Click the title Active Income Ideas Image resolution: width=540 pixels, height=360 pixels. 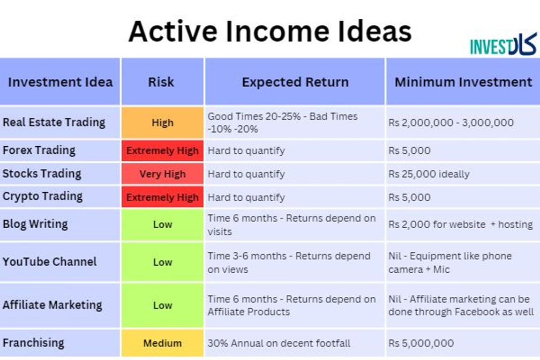[270, 31]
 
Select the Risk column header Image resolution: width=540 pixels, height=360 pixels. [162, 82]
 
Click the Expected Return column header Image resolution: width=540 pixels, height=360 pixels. [295, 82]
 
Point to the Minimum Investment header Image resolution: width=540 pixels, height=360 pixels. [463, 82]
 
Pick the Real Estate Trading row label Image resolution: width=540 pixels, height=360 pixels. [54, 122]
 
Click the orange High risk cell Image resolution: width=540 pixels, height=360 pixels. [162, 123]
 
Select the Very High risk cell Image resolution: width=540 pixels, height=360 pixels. [162, 174]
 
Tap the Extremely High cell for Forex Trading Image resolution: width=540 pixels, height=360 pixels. [162, 151]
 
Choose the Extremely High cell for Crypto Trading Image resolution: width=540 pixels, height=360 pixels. [162, 197]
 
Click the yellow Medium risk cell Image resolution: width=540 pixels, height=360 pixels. [162, 343]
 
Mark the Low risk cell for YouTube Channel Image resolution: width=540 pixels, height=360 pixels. [162, 262]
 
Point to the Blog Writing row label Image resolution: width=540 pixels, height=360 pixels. [35, 224]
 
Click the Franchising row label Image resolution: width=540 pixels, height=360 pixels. [33, 343]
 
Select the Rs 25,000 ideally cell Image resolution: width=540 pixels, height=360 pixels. [428, 174]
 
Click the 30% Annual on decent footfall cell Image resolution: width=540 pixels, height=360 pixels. [279, 343]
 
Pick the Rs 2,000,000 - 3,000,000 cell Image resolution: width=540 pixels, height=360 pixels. [450, 123]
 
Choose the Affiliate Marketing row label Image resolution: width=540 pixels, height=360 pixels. [52, 305]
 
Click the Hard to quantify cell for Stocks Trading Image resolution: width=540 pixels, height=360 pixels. [246, 174]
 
